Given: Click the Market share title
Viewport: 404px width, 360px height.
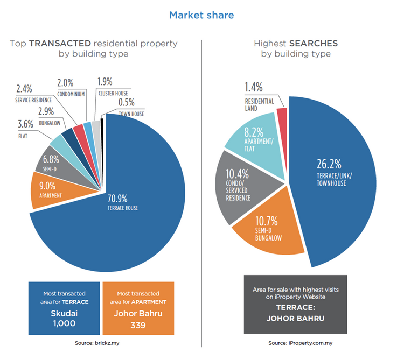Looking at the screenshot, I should pyautogui.click(x=201, y=15).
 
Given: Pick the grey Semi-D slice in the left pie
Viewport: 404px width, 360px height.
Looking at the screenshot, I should pyautogui.click(x=54, y=164).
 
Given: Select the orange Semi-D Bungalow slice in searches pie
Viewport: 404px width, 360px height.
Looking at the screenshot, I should pyautogui.click(x=262, y=231).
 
